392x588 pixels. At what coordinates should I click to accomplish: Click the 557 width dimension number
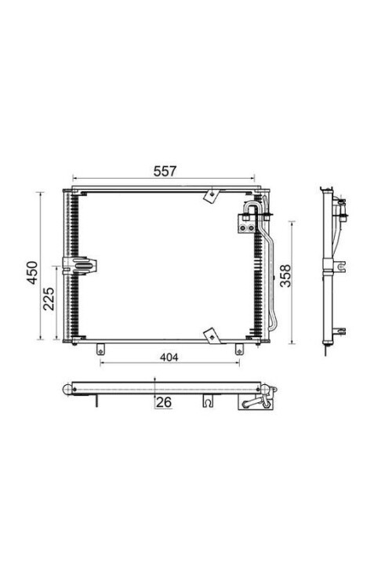click(x=165, y=171)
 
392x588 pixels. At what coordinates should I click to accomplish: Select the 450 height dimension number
click(x=33, y=273)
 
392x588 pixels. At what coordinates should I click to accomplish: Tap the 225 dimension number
click(x=49, y=299)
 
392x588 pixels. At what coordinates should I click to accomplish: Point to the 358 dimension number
click(x=285, y=276)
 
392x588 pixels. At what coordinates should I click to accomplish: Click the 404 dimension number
click(x=169, y=358)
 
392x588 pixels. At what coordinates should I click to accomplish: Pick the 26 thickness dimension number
click(x=164, y=402)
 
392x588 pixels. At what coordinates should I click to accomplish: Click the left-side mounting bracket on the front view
click(x=79, y=266)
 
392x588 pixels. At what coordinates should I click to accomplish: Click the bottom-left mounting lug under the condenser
click(x=100, y=350)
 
